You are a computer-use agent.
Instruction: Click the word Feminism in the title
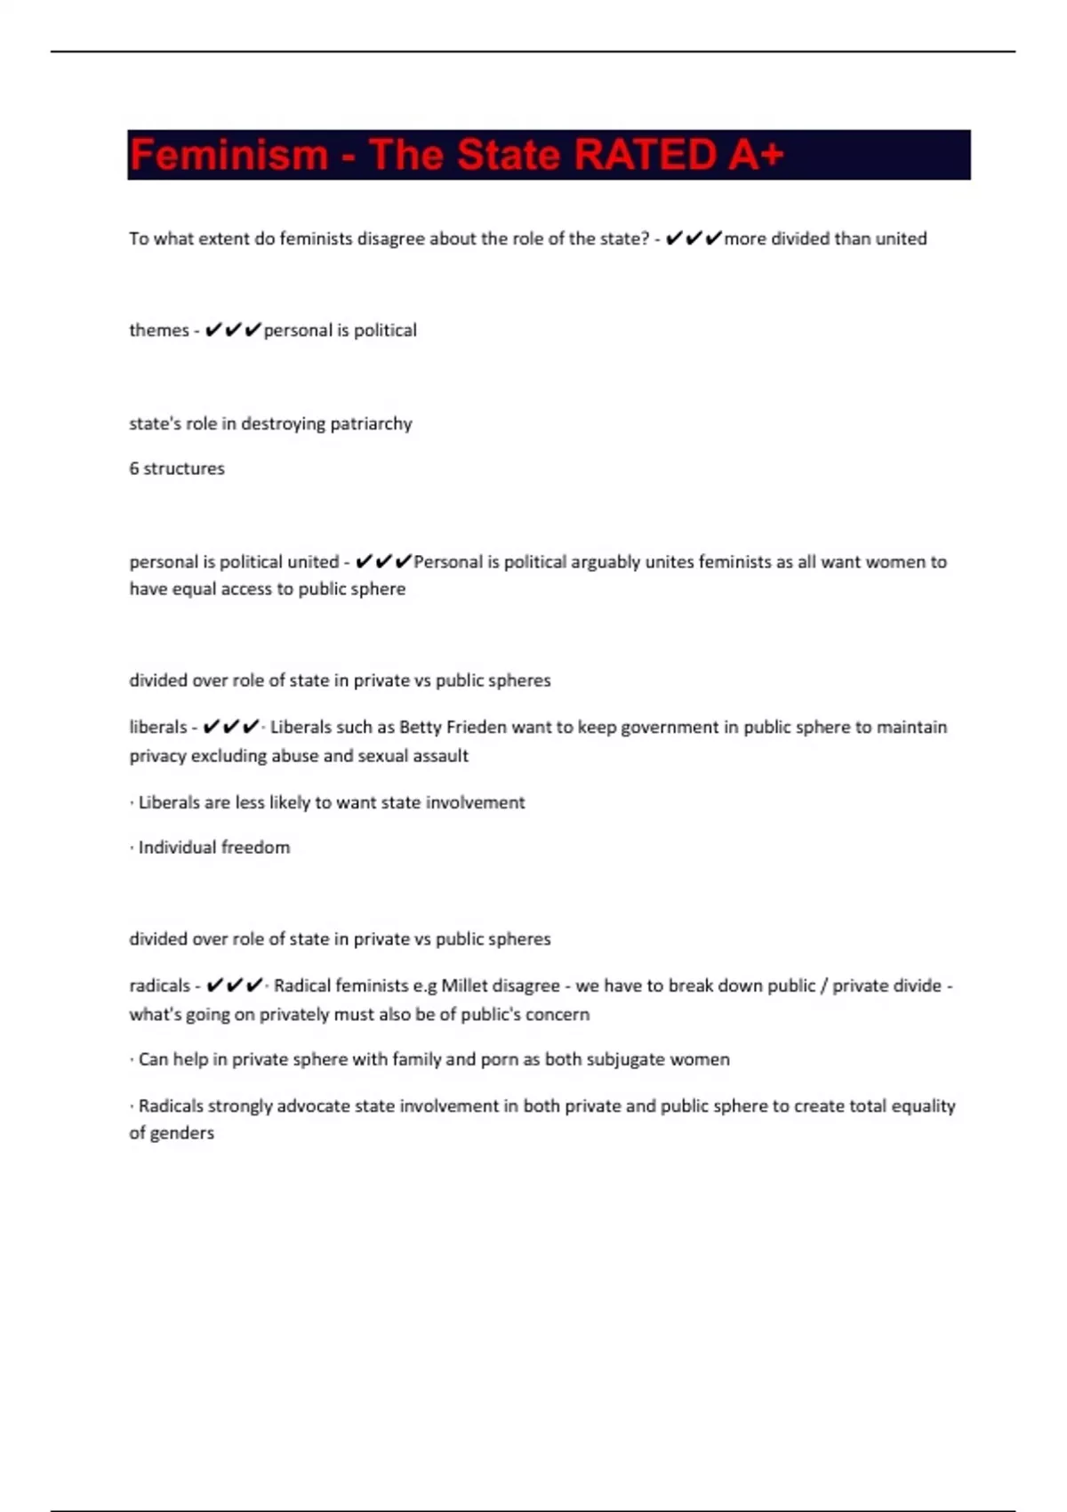click(229, 155)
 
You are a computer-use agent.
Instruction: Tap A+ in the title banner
click(756, 155)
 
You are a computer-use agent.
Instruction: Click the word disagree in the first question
click(390, 238)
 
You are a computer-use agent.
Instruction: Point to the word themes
click(159, 330)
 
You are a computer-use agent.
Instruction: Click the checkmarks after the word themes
click(233, 330)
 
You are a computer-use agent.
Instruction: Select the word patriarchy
click(371, 423)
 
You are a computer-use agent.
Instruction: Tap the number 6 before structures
click(134, 469)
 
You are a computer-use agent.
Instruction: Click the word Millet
click(464, 985)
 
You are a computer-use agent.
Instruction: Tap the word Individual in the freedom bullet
click(181, 848)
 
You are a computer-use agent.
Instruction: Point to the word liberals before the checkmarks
click(158, 728)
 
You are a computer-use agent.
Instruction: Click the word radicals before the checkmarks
click(160, 985)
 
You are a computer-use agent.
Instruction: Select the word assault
click(440, 756)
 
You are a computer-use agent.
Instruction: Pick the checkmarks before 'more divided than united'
click(694, 238)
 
